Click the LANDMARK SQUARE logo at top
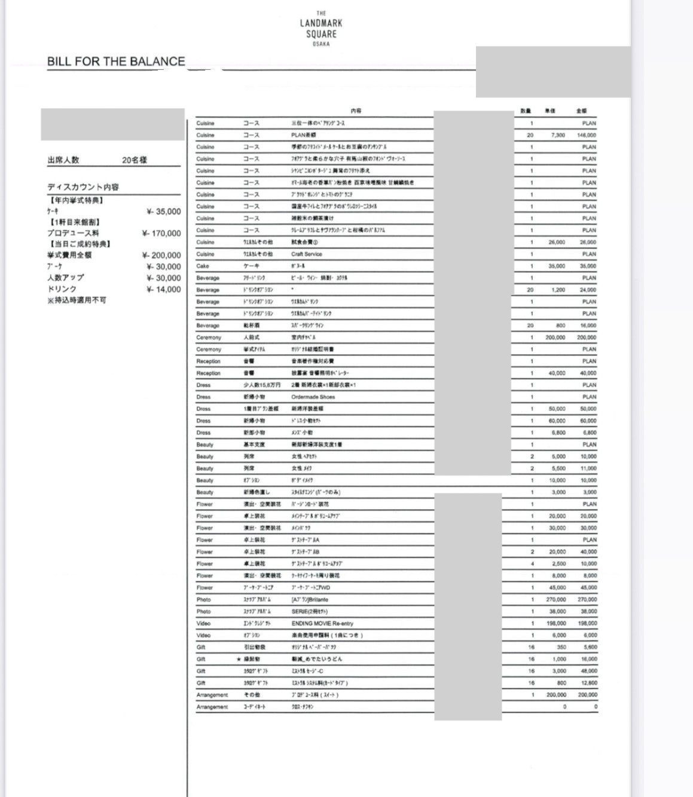pos(321,28)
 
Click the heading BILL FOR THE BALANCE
pos(116,62)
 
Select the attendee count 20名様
pos(135,160)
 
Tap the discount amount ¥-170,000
pos(161,234)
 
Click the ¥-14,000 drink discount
pos(163,290)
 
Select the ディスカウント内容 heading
pos(83,187)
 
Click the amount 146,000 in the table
pos(586,136)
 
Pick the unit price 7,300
pos(556,136)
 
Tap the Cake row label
pos(203,266)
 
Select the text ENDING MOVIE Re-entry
pos(322,624)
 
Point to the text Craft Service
pos(307,255)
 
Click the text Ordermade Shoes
pos(313,397)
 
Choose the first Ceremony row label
pos(209,338)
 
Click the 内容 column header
pos(356,111)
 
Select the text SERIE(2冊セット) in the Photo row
pos(310,612)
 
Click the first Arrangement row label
pos(212,695)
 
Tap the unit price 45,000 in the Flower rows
pos(557,588)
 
